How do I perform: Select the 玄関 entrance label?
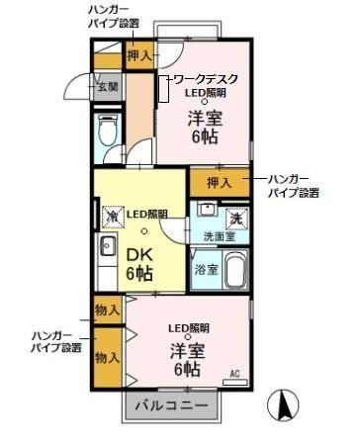click(107, 87)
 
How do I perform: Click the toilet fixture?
click(108, 130)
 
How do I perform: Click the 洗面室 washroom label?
click(219, 236)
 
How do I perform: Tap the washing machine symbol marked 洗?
click(236, 219)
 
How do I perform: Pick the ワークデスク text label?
click(206, 77)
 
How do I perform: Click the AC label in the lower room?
click(234, 373)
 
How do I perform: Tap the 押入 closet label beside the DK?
click(219, 182)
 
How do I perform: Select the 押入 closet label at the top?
click(139, 56)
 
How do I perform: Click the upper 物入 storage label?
click(108, 311)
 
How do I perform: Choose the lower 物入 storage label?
click(108, 358)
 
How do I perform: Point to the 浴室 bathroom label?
click(206, 269)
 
